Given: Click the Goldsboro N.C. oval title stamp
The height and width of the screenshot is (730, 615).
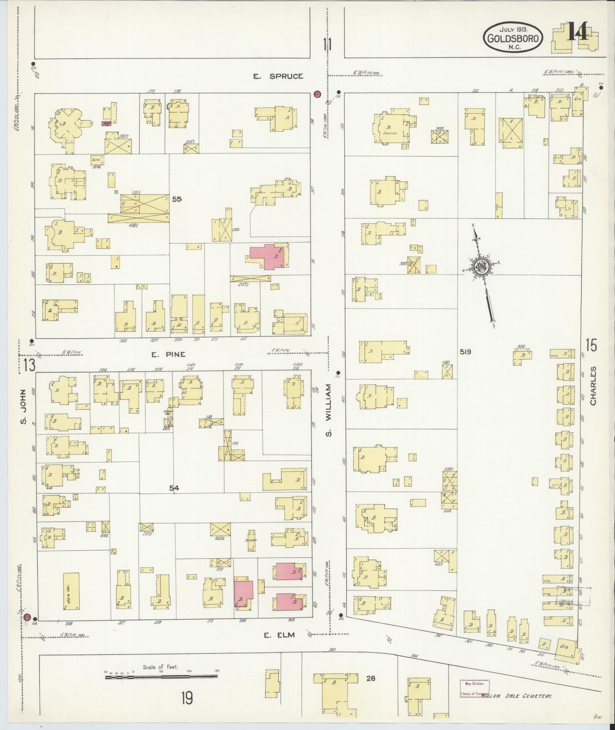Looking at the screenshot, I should [513, 37].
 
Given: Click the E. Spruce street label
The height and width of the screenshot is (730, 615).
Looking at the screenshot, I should [279, 76].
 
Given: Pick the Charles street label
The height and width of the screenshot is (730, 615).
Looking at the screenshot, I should [593, 386].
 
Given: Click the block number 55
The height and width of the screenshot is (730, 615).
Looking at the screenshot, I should [177, 199].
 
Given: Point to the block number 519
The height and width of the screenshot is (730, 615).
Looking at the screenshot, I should [465, 352].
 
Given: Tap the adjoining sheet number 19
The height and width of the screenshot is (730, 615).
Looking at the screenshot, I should [187, 698].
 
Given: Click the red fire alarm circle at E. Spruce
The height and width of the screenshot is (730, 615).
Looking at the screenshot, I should [317, 94].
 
